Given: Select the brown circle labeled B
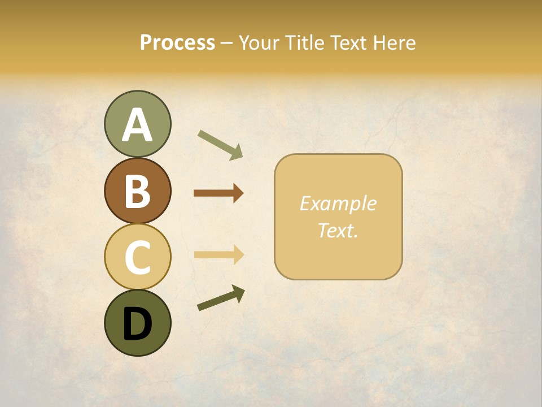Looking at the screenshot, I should pos(137,191).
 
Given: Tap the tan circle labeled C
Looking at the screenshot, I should pos(137,257).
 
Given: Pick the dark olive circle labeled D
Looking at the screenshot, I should pos(137,323).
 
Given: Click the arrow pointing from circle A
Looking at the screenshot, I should pos(221,145).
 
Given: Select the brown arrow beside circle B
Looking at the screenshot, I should pos(218,193).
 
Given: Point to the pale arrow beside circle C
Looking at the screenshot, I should pos(218,254).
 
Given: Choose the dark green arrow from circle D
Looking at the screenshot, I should pos(221,298).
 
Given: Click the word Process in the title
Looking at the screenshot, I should pos(177,43).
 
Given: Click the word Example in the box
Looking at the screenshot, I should pos(338,204).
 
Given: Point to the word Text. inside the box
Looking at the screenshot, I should pos(338,230).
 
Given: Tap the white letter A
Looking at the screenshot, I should pos(137,125).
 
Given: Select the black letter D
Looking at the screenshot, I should pos(137,324).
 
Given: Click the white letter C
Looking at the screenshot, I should pos(137,258).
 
